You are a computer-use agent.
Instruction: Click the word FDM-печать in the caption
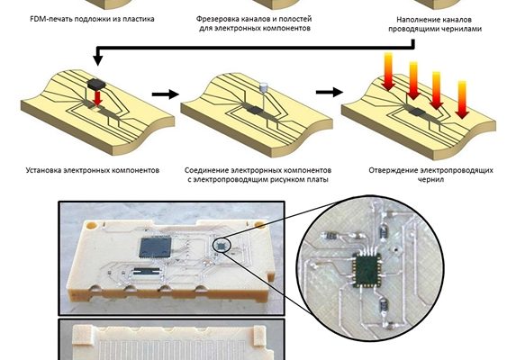(51, 19)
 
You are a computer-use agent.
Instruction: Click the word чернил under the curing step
(431, 179)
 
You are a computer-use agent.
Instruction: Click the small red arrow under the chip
(97, 98)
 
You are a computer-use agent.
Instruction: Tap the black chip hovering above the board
(96, 85)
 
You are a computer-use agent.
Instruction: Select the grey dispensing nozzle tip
(264, 86)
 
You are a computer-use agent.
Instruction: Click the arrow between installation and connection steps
(165, 94)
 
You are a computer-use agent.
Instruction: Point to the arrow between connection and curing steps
(330, 93)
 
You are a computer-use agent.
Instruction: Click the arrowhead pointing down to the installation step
(97, 60)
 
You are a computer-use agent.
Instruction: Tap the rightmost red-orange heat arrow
(462, 100)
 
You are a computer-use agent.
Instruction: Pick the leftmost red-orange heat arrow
(388, 72)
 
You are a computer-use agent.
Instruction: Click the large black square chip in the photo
(155, 247)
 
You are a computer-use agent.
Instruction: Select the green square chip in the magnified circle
(367, 270)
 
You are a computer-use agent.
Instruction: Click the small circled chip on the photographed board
(222, 246)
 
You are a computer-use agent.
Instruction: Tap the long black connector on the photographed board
(147, 272)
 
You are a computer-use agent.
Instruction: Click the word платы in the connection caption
(318, 179)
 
